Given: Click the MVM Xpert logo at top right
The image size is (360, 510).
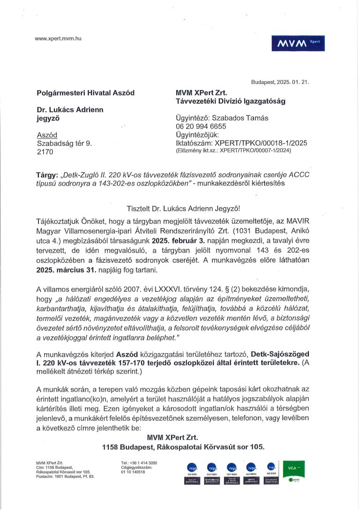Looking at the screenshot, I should click(298, 44).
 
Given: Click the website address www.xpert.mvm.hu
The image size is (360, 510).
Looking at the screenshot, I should click(58, 38).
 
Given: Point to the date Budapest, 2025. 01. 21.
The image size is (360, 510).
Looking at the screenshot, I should click(280, 82).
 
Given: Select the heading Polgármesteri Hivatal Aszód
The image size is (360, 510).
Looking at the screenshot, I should click(85, 93).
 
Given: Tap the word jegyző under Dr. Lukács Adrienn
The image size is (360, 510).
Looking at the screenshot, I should click(48, 119).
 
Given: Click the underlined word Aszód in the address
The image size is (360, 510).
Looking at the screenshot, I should click(47, 135).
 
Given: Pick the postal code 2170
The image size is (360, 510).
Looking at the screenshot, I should click(45, 152).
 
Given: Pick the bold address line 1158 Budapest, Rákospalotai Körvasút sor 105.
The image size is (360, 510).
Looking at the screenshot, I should click(183, 447).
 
